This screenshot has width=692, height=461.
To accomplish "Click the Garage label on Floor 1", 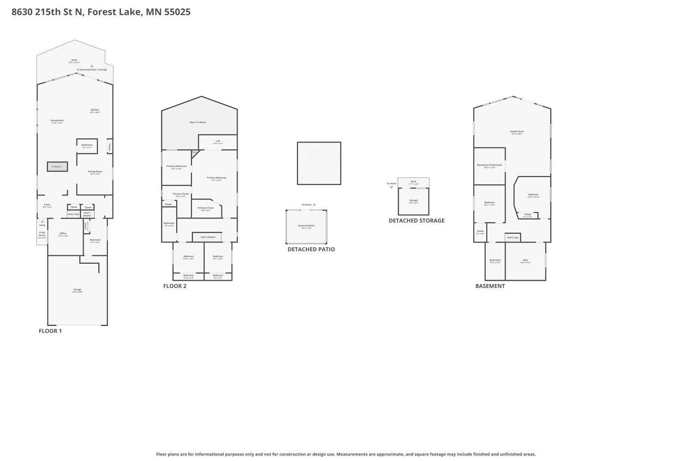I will pos(77,290).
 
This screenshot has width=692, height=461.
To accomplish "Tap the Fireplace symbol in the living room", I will pos(57,166).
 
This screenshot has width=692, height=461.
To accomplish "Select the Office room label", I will pos(63,234).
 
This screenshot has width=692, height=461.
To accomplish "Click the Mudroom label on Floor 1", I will pos(95,240).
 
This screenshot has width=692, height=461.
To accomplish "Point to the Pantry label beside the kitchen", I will pos(110,147).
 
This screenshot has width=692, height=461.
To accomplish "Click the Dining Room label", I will pos(95,172).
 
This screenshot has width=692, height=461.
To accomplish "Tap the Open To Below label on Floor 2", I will pos(198,122).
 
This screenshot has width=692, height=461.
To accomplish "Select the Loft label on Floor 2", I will pos(218,142).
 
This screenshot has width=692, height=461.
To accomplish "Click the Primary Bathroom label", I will pos(176,166).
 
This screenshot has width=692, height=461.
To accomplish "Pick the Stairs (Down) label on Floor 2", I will pos(208,237).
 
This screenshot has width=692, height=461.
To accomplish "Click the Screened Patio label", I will pos(306,226).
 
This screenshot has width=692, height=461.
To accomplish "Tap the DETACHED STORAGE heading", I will pos(417,221).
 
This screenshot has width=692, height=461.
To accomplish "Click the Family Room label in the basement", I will pos(517,132).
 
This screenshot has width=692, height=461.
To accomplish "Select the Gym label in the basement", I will pos(525,260).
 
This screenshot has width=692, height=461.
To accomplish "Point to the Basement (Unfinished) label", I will pos(489,165).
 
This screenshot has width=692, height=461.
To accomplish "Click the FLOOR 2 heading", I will pos(175,286).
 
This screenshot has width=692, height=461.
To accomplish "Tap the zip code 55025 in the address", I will pos(177,12).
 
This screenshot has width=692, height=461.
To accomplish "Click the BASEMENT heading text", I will pos(490,286).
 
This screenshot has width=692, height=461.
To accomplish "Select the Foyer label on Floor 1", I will pos(47,205).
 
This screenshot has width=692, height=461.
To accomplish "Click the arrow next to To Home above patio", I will pos(315,205).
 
